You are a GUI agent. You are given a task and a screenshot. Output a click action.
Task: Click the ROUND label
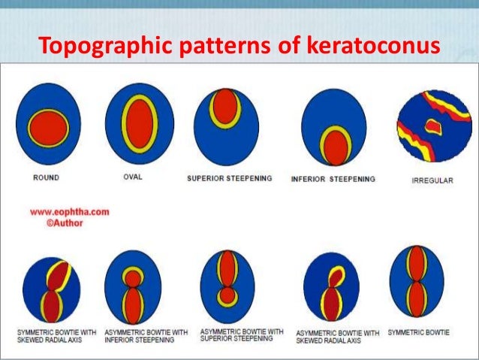pos(47,178)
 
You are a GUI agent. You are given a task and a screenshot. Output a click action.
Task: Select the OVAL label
pos(133,177)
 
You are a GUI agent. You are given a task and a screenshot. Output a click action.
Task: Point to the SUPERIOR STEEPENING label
pos(229,179)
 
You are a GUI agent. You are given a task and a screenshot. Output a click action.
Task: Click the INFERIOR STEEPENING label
pos(333,179)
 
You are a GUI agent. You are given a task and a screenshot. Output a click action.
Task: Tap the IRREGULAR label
pos(432,180)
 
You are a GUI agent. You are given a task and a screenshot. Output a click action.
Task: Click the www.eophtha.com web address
pos(70,212)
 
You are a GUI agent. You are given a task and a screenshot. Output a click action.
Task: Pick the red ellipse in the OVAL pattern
pos(139,124)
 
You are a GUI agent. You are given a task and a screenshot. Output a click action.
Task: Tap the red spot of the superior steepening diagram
pos(224,106)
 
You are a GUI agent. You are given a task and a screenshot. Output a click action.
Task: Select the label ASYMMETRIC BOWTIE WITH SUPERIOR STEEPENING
pos(242,334)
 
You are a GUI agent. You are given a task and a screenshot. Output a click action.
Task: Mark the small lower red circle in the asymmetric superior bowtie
pos(227,295)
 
